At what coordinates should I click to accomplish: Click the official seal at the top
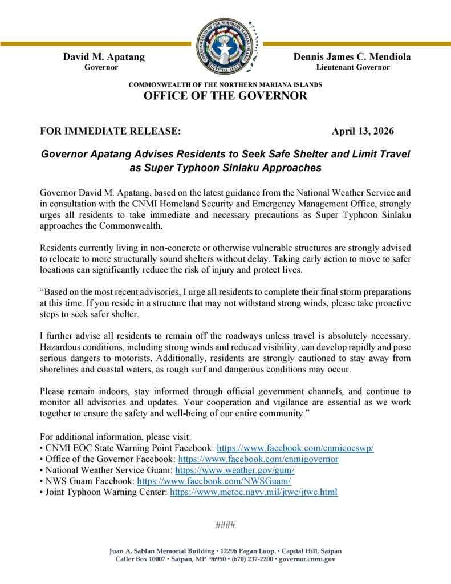225,43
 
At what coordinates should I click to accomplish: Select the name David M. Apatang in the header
104,56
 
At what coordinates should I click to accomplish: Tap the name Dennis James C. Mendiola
352,56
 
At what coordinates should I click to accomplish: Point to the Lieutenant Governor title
353,67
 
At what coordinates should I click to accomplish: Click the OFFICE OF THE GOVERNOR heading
225,96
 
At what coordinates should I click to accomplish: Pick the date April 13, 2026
363,131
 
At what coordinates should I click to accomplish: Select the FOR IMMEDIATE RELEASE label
111,131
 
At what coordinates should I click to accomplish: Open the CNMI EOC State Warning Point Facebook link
295,448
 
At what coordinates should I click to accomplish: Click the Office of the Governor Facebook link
258,459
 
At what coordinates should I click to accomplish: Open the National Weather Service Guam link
235,470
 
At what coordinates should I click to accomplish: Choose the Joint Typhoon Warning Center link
254,492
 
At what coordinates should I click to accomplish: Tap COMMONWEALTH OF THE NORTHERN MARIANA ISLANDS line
225,84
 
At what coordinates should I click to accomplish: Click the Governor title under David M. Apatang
101,67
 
